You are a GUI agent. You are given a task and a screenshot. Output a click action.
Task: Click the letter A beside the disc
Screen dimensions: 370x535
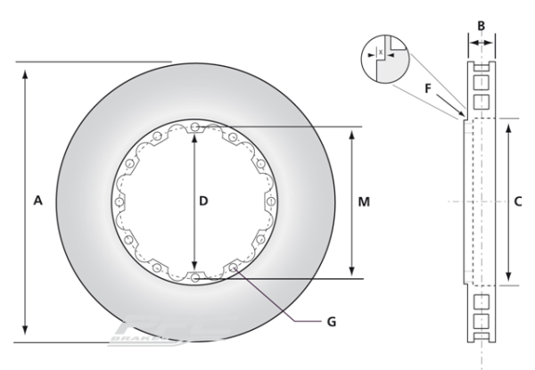(x=37, y=202)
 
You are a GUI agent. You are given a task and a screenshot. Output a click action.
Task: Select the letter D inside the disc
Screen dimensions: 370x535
(x=203, y=202)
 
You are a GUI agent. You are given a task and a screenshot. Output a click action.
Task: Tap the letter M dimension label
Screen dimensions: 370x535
(x=364, y=202)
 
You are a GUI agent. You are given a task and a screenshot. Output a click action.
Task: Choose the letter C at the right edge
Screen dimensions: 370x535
(x=518, y=201)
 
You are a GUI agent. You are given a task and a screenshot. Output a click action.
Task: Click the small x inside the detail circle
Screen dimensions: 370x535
(x=382, y=53)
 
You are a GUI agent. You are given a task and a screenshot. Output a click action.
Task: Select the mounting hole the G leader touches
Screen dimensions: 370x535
(x=233, y=267)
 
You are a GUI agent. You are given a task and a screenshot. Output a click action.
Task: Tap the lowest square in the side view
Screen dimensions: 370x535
(x=481, y=319)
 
